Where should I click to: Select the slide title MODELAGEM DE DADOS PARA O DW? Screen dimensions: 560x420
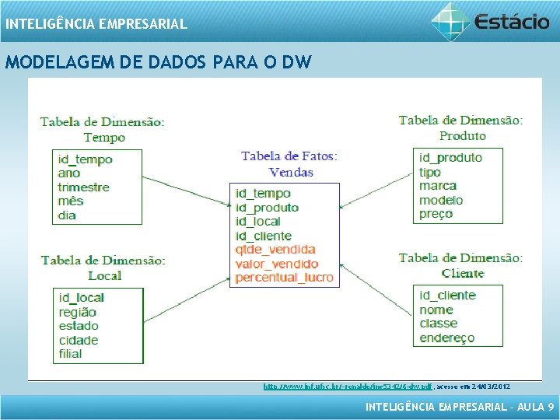pos(158,62)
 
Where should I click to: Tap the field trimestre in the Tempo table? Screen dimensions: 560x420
pos(83,187)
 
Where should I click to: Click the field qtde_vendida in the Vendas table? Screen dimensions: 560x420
pos(275,250)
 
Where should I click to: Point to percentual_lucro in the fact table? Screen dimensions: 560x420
pos(284,278)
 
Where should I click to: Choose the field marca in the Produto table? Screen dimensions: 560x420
pos(437,186)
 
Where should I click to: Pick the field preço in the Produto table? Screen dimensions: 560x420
pos(436,214)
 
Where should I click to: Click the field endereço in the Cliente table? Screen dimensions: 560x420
pos(446,338)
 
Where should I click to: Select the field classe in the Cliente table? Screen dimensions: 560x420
pos(438,324)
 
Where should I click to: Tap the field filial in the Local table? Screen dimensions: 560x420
pos(70,354)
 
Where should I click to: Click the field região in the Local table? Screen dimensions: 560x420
pos(77,312)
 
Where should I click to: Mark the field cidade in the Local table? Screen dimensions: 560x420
pos(78,340)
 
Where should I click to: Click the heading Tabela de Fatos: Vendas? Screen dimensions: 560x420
pos(289,164)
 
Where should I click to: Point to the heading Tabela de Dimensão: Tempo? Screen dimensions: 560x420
pos(103,129)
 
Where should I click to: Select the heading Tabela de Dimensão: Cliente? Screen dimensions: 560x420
pos(461,265)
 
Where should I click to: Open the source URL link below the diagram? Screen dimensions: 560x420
pos(348,386)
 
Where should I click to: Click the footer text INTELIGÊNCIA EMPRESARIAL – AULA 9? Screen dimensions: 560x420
pos(460,407)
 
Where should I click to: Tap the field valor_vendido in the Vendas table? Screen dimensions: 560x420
pos(277,264)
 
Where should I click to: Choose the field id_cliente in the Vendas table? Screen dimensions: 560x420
pos(263,236)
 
